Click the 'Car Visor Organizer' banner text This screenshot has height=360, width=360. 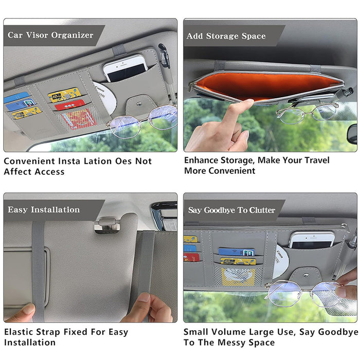50,35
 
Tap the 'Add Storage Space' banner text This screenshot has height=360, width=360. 226,36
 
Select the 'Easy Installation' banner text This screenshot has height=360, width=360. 44,210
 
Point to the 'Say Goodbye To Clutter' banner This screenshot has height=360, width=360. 231,210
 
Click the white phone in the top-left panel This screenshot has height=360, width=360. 125,68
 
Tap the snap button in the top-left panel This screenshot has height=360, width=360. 139,104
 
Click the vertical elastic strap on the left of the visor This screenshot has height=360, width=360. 39,271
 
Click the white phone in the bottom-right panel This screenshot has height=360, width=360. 312,240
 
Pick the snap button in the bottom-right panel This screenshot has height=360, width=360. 306,275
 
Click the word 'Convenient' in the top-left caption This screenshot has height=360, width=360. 29,161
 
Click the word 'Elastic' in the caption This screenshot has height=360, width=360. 19,332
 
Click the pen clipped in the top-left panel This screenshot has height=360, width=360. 167,69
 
